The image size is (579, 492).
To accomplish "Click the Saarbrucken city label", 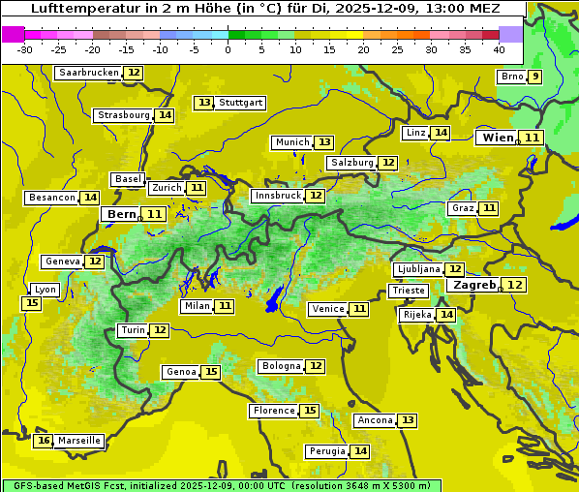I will [88, 73].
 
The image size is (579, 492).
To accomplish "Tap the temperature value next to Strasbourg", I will [166, 115].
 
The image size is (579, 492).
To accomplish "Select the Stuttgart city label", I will [240, 103].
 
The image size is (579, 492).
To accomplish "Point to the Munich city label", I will [292, 142].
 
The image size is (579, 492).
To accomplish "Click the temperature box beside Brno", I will [534, 77].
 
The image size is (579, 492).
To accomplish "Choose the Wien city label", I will [499, 138].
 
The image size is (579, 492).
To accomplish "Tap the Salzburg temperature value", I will [388, 163].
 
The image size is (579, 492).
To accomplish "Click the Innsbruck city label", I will [277, 196].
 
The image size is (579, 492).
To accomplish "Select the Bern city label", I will [122, 214].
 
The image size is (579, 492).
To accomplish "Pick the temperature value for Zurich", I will [197, 188].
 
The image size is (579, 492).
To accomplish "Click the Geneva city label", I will [62, 261].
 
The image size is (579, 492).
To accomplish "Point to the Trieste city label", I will [408, 291].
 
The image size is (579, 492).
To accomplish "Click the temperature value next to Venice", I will [359, 309].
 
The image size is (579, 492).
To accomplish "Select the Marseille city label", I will [79, 441].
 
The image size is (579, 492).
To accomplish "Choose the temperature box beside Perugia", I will [360, 451].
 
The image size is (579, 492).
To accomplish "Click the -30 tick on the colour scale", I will [25, 49].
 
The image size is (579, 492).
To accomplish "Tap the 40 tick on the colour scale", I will [499, 49].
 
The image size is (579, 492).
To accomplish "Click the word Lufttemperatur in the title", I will [76, 9].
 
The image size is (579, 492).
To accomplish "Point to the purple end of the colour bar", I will [510, 34].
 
